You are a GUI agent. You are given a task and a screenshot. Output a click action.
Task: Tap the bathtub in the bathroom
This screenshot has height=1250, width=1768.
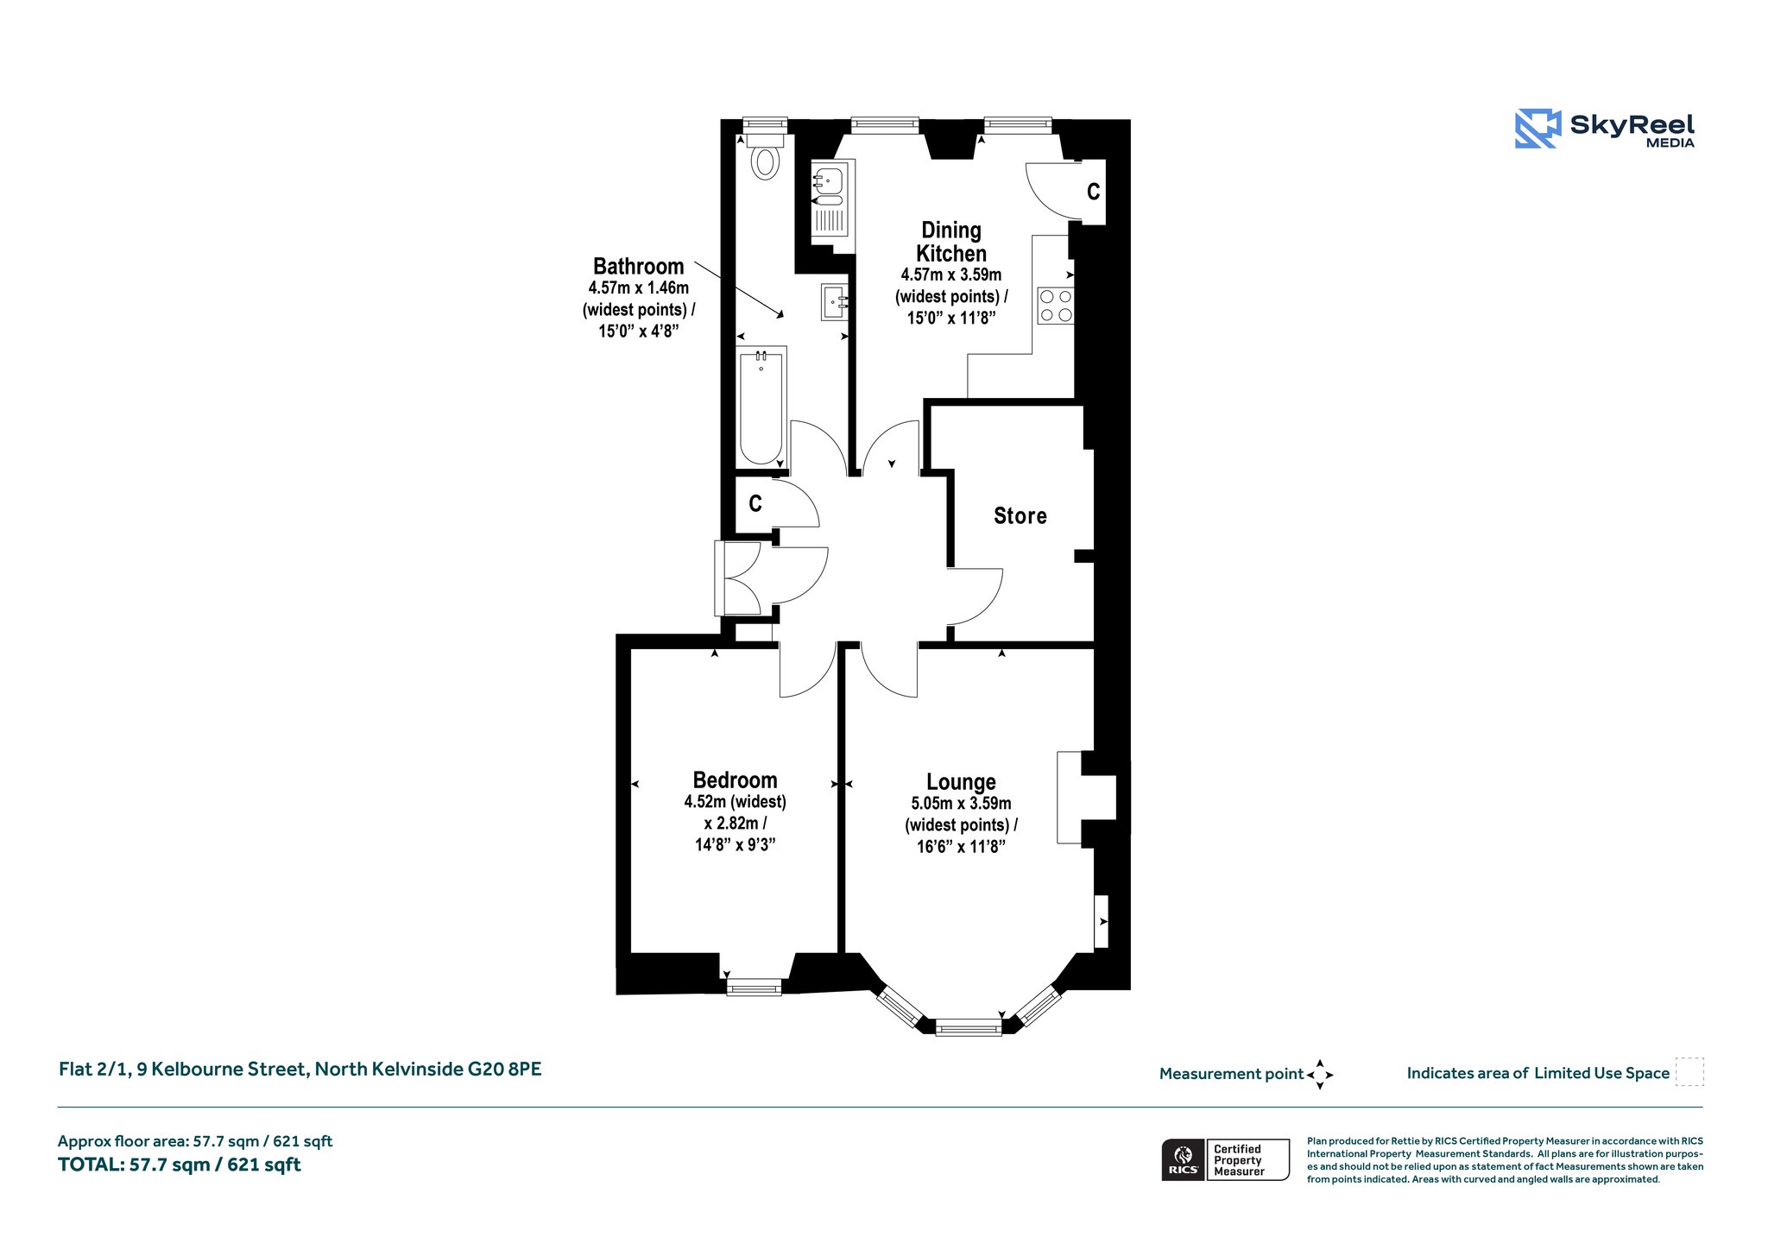761,407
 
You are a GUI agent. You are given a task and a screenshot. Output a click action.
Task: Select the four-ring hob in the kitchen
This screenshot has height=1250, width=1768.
1056,306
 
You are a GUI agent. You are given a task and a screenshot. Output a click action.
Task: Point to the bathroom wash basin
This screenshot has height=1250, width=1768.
835,302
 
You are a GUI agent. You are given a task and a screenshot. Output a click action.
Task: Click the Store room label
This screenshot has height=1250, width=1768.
1020,515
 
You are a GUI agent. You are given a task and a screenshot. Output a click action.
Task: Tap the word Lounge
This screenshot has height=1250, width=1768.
961,782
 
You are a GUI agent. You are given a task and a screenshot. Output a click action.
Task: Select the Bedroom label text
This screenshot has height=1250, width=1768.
735,780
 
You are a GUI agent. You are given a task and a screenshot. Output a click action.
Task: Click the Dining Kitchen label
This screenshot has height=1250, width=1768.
951,242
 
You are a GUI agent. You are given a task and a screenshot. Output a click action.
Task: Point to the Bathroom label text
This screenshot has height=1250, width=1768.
638,266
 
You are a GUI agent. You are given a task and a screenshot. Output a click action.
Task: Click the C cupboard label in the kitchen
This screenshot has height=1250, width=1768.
1093,192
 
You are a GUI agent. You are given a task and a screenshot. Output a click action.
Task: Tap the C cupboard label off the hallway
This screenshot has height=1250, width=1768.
755,503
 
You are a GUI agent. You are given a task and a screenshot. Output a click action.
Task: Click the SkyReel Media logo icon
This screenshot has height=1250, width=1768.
1538,129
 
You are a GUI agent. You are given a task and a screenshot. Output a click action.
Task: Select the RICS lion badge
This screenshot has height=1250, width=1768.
1183,1159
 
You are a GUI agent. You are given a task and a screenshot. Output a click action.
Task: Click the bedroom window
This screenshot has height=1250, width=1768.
754,987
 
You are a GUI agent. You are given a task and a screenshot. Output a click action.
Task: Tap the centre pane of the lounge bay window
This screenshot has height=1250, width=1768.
969,1027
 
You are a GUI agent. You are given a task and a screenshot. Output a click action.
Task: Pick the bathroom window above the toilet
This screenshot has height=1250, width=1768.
765,124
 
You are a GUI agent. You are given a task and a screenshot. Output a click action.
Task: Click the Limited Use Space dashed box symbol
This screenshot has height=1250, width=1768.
1689,1072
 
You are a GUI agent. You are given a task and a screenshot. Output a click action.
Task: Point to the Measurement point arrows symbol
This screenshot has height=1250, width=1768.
1320,1075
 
